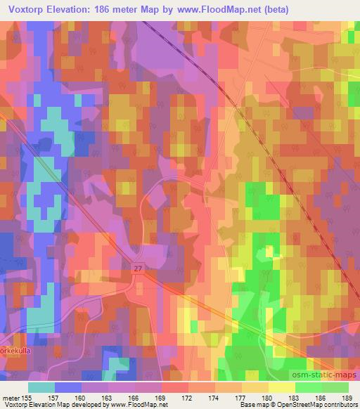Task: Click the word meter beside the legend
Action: [11, 397]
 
